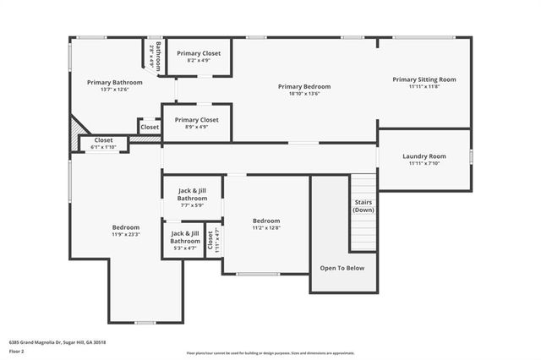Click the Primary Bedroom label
[303, 86]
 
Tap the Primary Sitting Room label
[424, 79]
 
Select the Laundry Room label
[424, 157]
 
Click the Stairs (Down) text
[363, 206]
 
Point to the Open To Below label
[342, 268]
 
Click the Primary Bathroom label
[114, 83]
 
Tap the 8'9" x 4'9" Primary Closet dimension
[197, 128]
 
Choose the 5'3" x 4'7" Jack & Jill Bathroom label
[184, 248]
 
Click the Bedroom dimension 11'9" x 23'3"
[126, 235]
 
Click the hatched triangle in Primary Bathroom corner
[77, 128]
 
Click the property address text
[57, 342]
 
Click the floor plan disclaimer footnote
[270, 352]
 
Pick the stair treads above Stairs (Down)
[363, 184]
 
